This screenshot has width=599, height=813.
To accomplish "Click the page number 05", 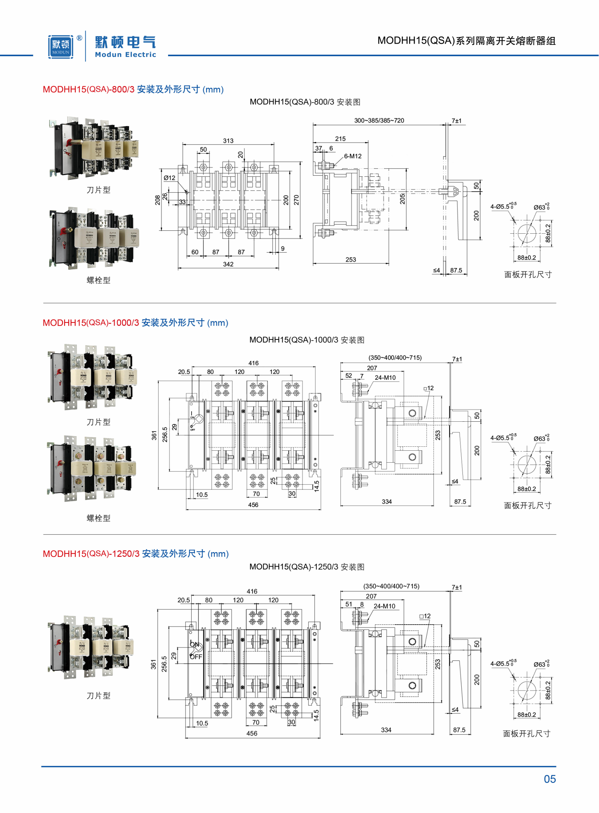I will coord(550,779).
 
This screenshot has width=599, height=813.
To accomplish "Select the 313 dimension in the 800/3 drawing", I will coord(228,141).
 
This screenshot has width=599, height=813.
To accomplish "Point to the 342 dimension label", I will coord(228,264).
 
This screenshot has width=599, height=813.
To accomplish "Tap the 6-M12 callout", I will coord(353,156).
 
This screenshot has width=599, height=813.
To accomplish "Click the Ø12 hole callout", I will coord(169,178).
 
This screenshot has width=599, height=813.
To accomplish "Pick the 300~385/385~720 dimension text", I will coord(379,120).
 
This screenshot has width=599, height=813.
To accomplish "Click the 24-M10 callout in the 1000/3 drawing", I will coord(385,378).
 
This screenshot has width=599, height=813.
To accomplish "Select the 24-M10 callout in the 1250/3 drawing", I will coord(384,606).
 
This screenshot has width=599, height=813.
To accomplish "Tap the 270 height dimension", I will coord(296,200).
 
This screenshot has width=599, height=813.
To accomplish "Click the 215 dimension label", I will coord(340,139).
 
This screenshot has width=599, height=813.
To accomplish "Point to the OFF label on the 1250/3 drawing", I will coord(196,657).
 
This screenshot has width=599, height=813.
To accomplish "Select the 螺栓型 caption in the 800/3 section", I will coord(98,280).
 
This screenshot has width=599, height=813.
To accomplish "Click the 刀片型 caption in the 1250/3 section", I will coord(98,696).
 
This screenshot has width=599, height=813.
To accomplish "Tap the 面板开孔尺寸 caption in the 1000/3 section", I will coord(528,505).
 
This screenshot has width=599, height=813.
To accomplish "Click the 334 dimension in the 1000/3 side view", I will coord(386,502).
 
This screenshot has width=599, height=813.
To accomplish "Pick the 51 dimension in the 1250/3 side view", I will coord(348,604).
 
